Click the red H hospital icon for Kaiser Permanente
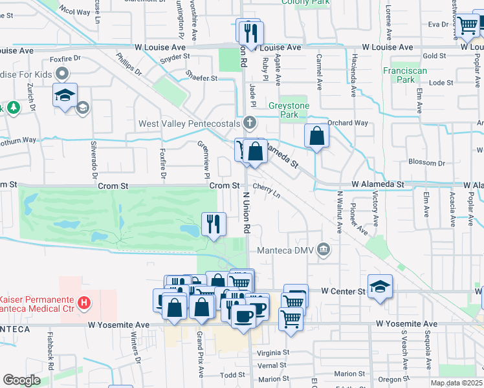83,302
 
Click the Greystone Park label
289,110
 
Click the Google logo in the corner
21,380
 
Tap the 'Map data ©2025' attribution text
456,383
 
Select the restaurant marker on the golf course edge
213,224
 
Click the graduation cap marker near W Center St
380,286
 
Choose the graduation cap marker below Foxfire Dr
65,96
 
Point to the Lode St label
441,83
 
